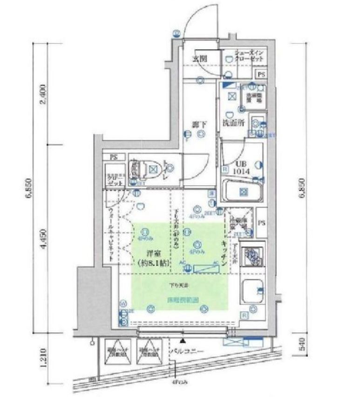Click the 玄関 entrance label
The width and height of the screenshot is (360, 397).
click(199, 59)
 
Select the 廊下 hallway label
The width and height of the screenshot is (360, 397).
click(199, 125)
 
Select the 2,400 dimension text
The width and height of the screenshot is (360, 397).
click(42, 95)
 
